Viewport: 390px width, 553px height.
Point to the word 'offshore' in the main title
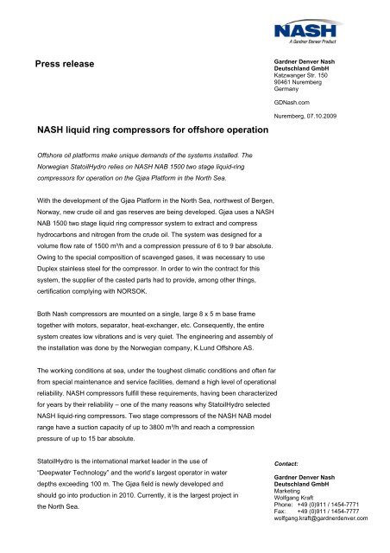(202, 130)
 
